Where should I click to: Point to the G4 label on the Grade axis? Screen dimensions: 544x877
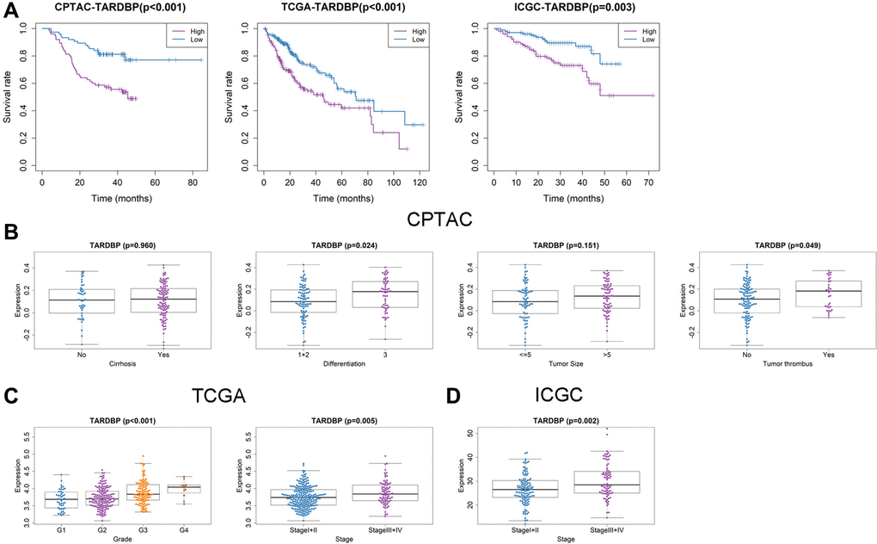point(181,529)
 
